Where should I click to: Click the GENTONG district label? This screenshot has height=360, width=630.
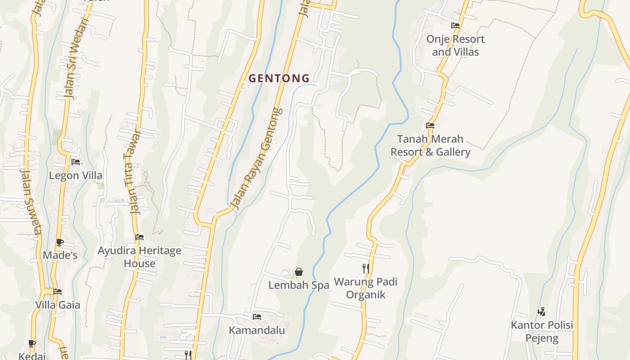click(279, 78)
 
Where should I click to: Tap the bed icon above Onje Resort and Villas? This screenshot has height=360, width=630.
click(455, 26)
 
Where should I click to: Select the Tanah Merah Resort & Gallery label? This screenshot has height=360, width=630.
click(430, 145)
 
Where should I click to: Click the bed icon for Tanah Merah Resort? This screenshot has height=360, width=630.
click(430, 126)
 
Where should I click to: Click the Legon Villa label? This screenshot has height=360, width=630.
click(76, 175)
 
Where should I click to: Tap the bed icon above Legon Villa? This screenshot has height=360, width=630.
click(76, 162)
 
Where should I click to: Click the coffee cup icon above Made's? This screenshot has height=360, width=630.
click(60, 243)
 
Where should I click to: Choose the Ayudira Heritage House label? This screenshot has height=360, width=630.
click(139, 257)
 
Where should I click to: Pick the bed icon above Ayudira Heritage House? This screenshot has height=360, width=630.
click(139, 237)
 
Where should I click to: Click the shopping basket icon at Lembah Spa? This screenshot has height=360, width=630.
click(298, 272)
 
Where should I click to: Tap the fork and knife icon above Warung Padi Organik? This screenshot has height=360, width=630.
click(365, 269)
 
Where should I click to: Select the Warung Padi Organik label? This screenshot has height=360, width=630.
click(365, 288)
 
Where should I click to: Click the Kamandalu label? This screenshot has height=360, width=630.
click(257, 330)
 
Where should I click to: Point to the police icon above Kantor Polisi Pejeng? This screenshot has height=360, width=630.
click(542, 311)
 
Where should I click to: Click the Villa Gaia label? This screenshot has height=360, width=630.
click(58, 305)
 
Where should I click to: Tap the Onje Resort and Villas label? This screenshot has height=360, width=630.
click(455, 45)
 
